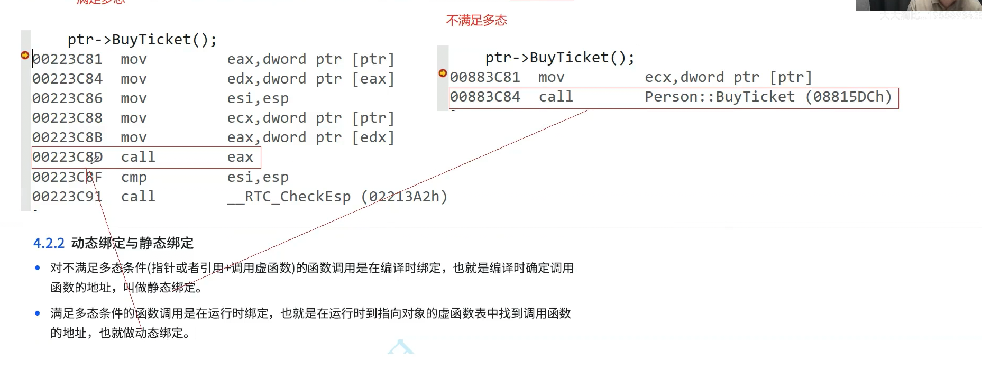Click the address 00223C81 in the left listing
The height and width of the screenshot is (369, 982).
click(x=67, y=59)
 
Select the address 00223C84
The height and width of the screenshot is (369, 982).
click(x=67, y=79)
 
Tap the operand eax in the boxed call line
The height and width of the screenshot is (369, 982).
click(x=240, y=157)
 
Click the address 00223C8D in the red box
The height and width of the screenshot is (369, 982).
click(x=67, y=157)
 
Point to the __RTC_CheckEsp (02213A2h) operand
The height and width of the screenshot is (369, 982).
click(x=337, y=197)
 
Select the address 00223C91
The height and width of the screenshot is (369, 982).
click(x=67, y=197)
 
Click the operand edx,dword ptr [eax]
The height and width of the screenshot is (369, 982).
click(x=310, y=79)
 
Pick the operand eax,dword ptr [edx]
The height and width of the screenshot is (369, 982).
click(x=310, y=137)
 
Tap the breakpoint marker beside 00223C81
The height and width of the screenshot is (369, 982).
click(x=25, y=55)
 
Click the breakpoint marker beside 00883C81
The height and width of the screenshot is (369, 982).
click(x=443, y=73)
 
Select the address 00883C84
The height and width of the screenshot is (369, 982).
click(x=485, y=97)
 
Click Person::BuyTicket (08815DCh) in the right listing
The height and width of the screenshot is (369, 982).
click(x=768, y=97)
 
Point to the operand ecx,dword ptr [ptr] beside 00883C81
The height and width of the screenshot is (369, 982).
click(x=728, y=77)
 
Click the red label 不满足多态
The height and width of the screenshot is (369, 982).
click(x=476, y=21)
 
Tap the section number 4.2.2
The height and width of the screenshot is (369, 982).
click(x=49, y=243)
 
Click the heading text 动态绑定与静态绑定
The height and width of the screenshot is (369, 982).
click(x=132, y=243)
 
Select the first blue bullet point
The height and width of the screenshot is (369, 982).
click(x=38, y=268)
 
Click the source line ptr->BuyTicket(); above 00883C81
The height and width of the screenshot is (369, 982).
click(x=559, y=58)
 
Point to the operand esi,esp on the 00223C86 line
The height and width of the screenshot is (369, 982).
click(x=258, y=98)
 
